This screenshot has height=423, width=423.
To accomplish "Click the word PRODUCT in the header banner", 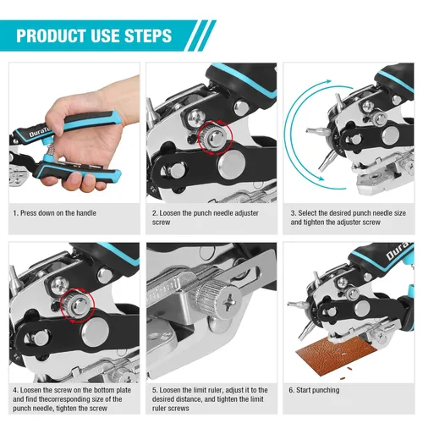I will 53,36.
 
